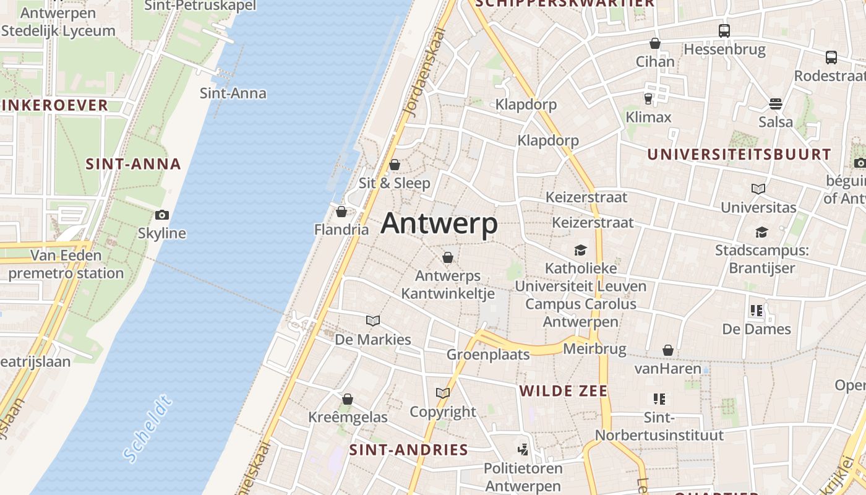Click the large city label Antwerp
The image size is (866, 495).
click(x=439, y=223)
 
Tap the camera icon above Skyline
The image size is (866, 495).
click(x=162, y=215)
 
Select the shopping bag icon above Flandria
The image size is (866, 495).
click(x=341, y=212)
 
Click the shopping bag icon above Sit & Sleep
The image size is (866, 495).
click(x=395, y=165)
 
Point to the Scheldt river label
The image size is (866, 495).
click(x=147, y=431)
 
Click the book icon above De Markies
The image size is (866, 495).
click(x=372, y=321)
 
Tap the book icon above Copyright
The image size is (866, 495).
click(x=443, y=393)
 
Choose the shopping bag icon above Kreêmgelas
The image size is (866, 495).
click(x=348, y=399)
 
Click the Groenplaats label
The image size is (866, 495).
click(x=488, y=355)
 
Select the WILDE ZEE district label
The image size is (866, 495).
click(x=564, y=391)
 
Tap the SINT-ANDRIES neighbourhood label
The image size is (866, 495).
click(x=408, y=450)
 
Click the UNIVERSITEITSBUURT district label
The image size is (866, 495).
click(x=739, y=155)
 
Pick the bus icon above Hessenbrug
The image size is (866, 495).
click(x=724, y=30)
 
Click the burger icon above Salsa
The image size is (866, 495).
click(x=776, y=103)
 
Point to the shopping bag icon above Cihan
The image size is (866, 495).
click(x=655, y=43)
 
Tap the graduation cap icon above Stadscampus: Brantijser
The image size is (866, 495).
click(x=761, y=232)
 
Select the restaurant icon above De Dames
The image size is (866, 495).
click(x=756, y=311)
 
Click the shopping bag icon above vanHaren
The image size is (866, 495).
click(x=668, y=350)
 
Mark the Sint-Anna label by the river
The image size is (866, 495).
click(x=233, y=93)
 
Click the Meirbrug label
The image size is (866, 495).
click(x=594, y=349)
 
